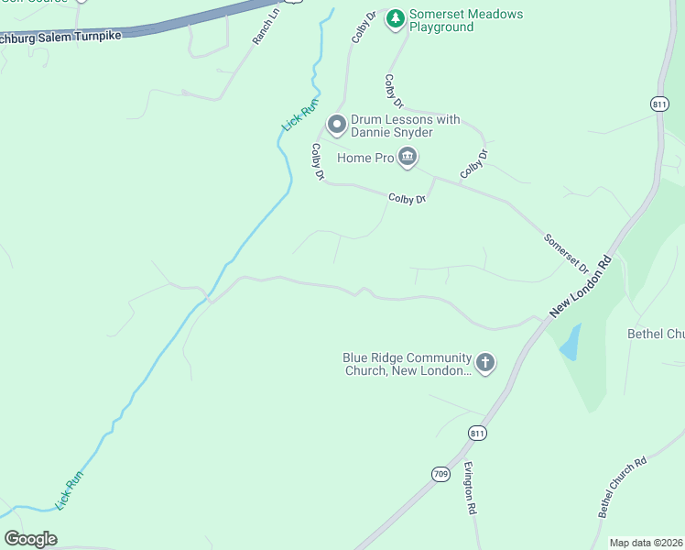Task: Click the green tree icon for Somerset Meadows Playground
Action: coord(396,18)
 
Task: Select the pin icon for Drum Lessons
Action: coord(336,124)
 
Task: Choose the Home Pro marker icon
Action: coord(408,159)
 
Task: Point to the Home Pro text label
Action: coord(364,159)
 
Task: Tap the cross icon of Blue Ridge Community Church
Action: coord(485,364)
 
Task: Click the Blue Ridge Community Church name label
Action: coord(407,364)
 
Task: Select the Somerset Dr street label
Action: coord(567,252)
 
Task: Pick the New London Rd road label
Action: coord(580,288)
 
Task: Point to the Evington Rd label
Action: coord(470,488)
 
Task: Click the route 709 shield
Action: coord(440,474)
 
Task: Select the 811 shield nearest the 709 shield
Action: coord(476,433)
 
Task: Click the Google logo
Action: coord(31,539)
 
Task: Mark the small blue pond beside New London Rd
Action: coord(570,342)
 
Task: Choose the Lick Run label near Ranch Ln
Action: coord(299,115)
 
